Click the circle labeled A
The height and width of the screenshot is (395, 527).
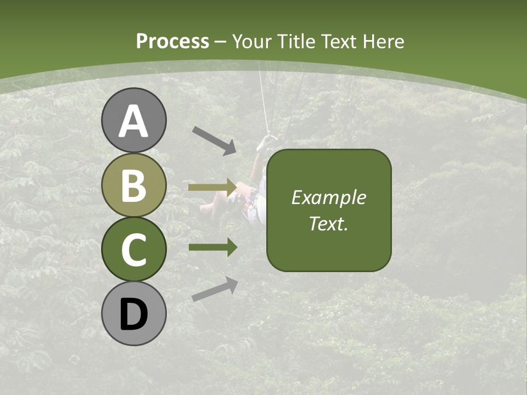(x=133, y=120)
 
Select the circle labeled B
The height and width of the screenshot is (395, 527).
(x=133, y=185)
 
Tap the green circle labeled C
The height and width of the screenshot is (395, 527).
(x=133, y=249)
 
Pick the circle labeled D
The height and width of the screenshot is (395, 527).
(x=133, y=313)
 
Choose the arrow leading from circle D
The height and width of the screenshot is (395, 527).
(x=215, y=289)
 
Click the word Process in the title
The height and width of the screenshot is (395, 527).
(x=172, y=41)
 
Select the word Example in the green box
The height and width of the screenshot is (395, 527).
(x=328, y=198)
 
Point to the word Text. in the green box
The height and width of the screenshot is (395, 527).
(x=328, y=224)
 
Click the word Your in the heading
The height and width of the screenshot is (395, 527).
(x=252, y=41)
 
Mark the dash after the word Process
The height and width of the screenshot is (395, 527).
(x=221, y=42)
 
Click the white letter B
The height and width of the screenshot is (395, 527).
(x=133, y=185)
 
